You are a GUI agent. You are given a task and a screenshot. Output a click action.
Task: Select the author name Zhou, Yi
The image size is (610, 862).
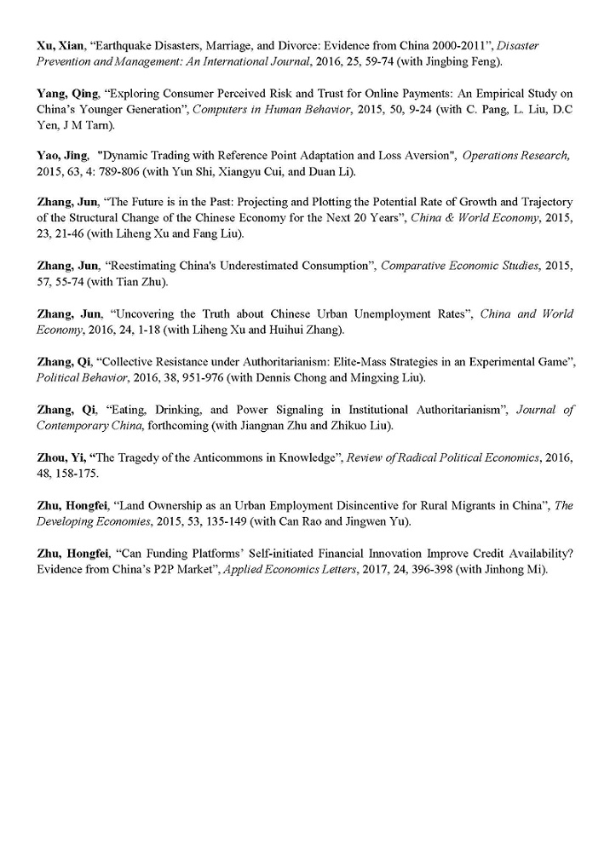pyautogui.click(x=62, y=457)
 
